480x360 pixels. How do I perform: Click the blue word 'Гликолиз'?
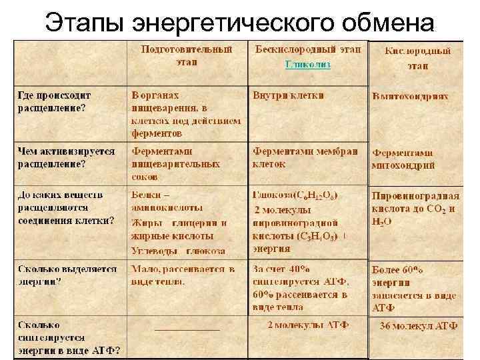click(307, 65)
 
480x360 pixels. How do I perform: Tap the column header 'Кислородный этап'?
click(419, 58)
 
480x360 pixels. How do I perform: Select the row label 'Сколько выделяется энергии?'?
click(67, 275)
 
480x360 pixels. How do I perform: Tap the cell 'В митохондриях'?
click(410, 96)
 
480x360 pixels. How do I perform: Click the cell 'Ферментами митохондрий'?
click(404, 159)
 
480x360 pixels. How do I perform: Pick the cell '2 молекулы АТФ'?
click(307, 325)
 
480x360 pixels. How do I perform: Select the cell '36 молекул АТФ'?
click(418, 326)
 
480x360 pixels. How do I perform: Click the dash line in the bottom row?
click(187, 329)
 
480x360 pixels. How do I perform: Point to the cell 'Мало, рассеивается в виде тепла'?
click(183, 275)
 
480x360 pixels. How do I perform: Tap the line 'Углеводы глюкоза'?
click(178, 251)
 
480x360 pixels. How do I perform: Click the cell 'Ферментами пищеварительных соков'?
click(175, 164)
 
